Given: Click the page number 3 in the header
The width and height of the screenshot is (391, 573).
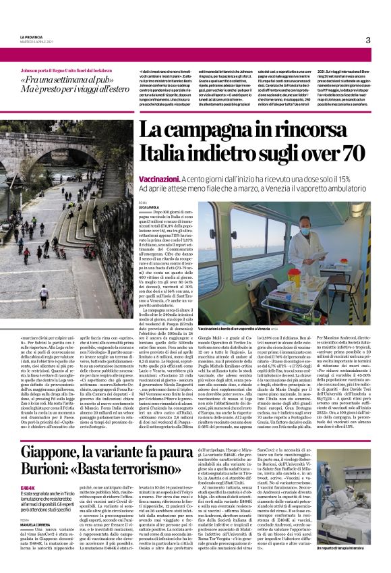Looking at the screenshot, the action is [x=367, y=40].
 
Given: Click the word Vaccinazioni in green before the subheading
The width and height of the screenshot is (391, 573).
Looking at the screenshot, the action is [x=159, y=178].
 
